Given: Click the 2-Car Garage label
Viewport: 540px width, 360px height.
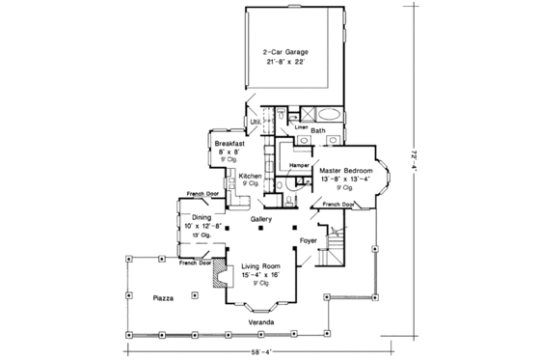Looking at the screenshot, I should click(285, 52).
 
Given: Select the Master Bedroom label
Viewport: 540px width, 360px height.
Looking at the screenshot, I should click(345, 170).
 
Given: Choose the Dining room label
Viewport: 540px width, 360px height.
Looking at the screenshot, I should click(201, 218).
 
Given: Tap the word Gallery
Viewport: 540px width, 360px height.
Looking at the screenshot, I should click(260, 219).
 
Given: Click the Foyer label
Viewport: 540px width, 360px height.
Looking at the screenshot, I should click(308, 239).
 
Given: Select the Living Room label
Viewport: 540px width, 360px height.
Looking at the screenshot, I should click(261, 265).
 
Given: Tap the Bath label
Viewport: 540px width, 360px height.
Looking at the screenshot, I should click(318, 128).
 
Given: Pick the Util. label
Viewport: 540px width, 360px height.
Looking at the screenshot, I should click(256, 123).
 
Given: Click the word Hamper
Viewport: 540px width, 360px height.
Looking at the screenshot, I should click(298, 166).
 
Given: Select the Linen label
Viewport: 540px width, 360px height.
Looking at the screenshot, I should click(300, 125).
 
